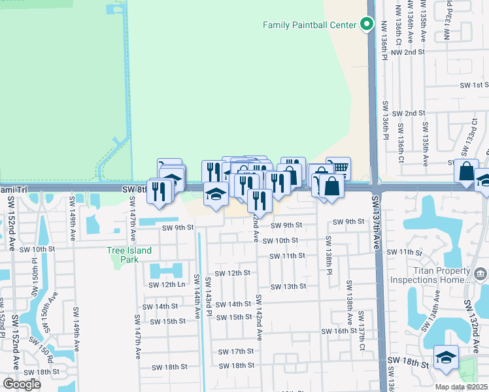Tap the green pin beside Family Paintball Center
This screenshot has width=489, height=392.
point(367,25)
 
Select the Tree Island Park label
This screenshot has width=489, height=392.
point(129,255)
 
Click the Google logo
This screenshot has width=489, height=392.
point(22,384)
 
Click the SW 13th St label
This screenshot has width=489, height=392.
point(288,287)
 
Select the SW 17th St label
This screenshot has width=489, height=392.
point(235,351)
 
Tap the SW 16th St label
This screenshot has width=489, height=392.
point(338,331)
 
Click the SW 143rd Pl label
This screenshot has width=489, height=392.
point(209,297)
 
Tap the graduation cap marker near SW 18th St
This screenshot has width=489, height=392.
point(446,357)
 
